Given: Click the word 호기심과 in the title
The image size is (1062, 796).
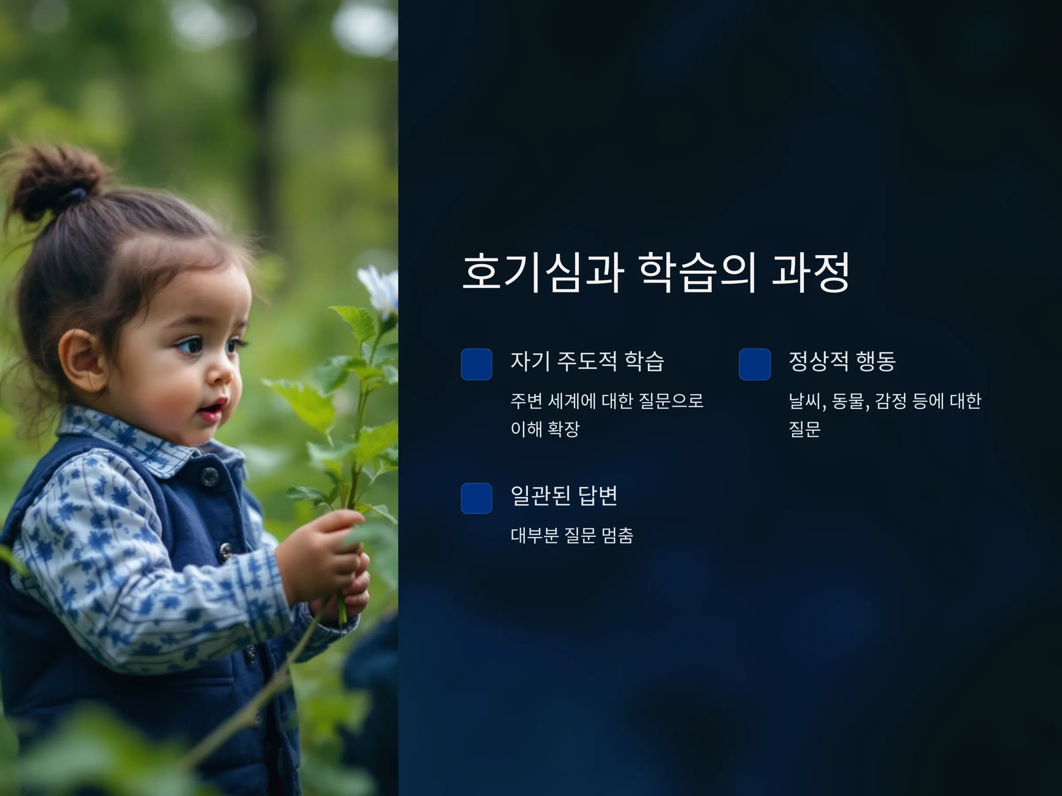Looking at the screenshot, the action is click(543, 272).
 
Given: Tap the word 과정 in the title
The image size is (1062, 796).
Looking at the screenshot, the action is click(811, 272).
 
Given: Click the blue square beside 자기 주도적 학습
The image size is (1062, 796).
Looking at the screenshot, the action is click(476, 364).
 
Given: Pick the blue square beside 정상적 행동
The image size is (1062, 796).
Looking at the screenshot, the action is click(755, 364).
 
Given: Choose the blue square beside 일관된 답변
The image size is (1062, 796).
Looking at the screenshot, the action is click(476, 498).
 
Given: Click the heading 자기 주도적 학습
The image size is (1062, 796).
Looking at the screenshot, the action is click(587, 361).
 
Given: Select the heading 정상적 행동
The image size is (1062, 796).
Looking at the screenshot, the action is click(842, 361).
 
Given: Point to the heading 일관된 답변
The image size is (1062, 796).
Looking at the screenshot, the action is click(564, 495).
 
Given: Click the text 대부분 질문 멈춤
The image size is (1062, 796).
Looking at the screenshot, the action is click(572, 535).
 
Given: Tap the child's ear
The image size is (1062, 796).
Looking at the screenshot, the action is click(83, 360).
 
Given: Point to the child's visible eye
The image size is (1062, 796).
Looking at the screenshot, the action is click(191, 345).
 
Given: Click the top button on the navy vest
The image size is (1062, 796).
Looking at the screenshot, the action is click(209, 476).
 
